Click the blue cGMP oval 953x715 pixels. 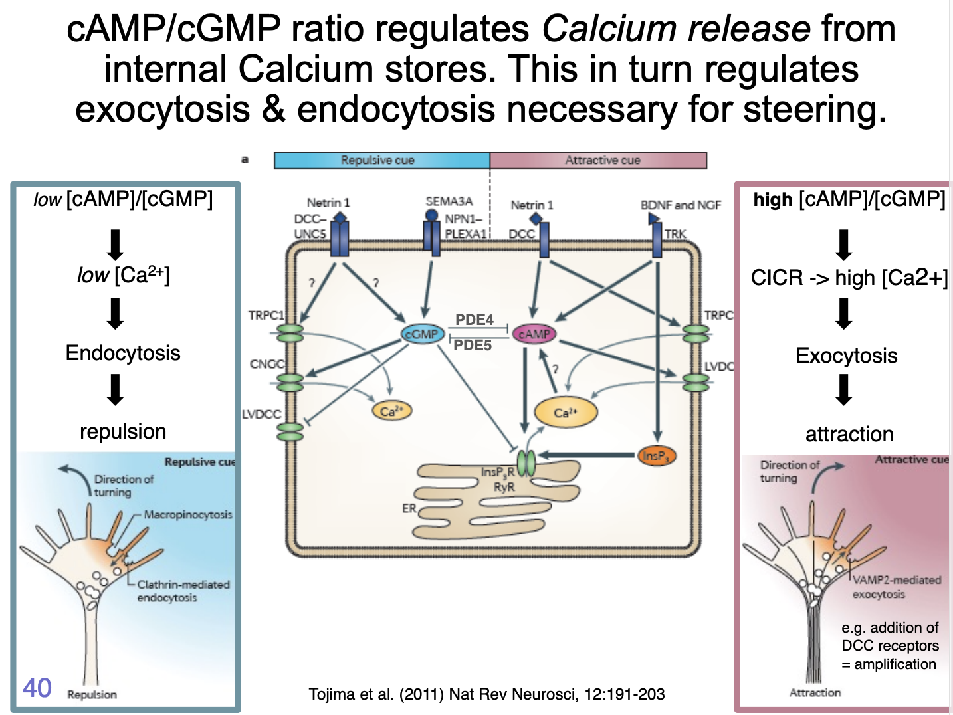[x=422, y=334]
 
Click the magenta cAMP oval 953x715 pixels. [x=534, y=334]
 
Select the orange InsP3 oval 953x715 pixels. [x=656, y=456]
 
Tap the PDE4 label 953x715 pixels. [x=475, y=320]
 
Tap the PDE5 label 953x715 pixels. [x=473, y=345]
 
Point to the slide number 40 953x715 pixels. [x=37, y=688]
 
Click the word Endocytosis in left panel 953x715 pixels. [x=123, y=353]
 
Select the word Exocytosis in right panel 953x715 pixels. [x=846, y=356]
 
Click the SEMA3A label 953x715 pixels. [x=449, y=201]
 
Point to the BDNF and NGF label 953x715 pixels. [x=681, y=205]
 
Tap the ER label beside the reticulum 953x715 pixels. [x=409, y=508]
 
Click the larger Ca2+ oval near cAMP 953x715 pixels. [x=566, y=413]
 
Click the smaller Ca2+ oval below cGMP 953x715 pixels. [x=391, y=411]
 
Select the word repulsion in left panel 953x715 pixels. [x=123, y=431]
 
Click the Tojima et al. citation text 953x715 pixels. [x=486, y=694]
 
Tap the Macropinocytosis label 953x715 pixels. [x=188, y=514]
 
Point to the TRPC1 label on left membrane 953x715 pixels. [x=266, y=315]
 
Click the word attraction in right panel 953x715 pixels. [x=849, y=434]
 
